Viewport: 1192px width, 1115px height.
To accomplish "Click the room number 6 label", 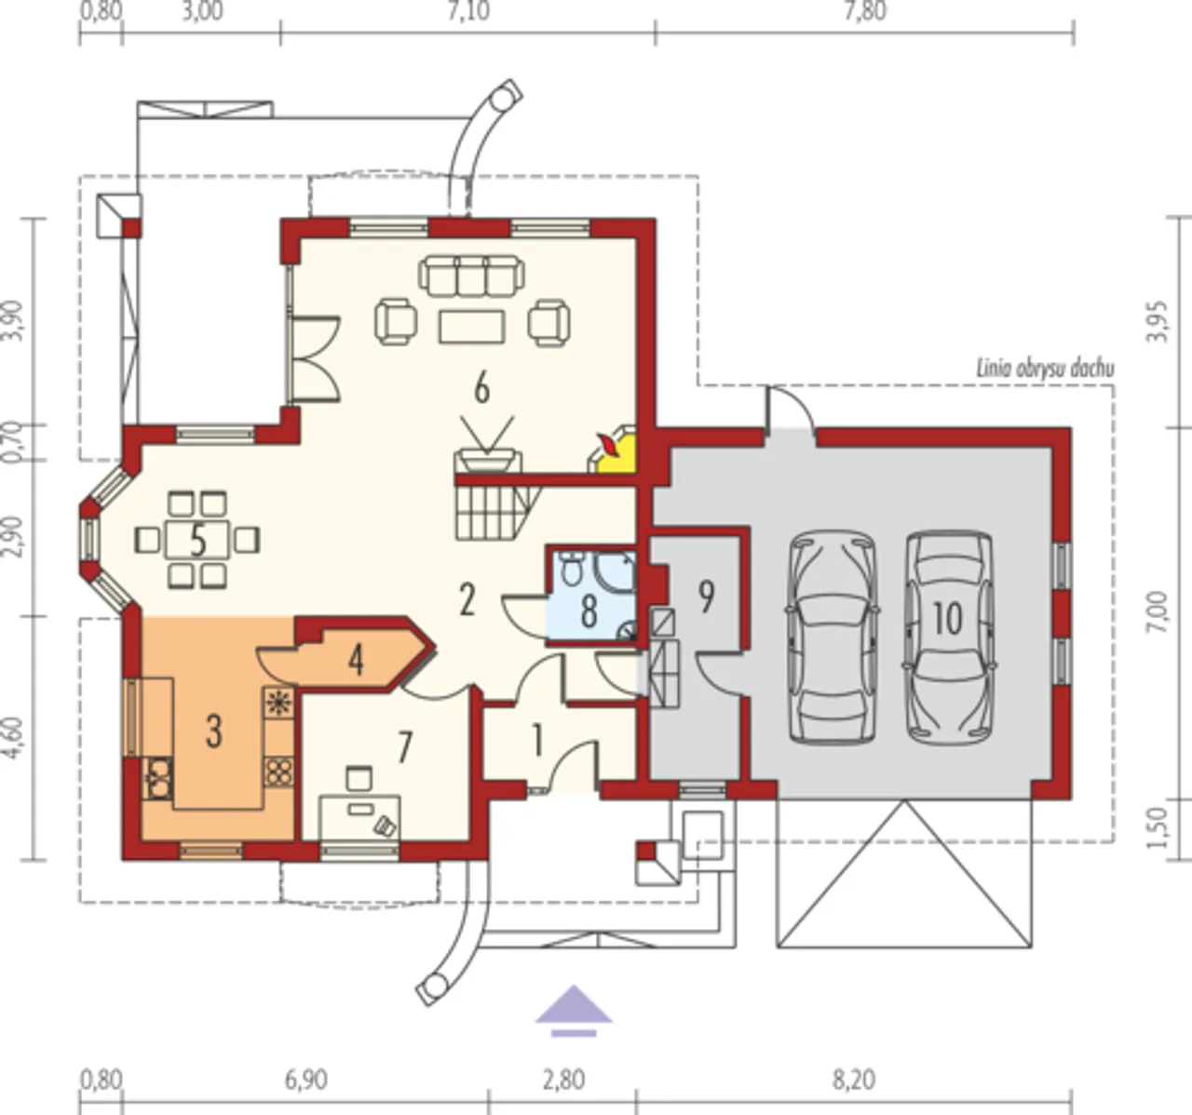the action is click(481, 389).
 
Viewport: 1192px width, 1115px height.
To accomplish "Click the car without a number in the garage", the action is click(832, 638).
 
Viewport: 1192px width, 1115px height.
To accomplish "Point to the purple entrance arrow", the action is click(574, 1011).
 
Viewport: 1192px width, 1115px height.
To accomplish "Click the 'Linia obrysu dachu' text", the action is click(1045, 368).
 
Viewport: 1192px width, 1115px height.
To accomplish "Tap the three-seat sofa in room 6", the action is click(471, 275).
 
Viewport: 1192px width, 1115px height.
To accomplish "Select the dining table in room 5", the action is click(197, 540).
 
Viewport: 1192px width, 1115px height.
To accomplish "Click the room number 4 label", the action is click(356, 661).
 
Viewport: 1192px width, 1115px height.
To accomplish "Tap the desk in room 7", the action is click(360, 817).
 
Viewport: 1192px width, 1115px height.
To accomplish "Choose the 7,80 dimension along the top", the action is click(865, 12).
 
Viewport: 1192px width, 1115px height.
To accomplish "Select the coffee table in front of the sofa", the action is click(472, 327).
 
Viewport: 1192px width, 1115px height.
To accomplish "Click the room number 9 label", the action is click(707, 598).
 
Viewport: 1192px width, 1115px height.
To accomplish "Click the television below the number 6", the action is click(487, 461).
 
